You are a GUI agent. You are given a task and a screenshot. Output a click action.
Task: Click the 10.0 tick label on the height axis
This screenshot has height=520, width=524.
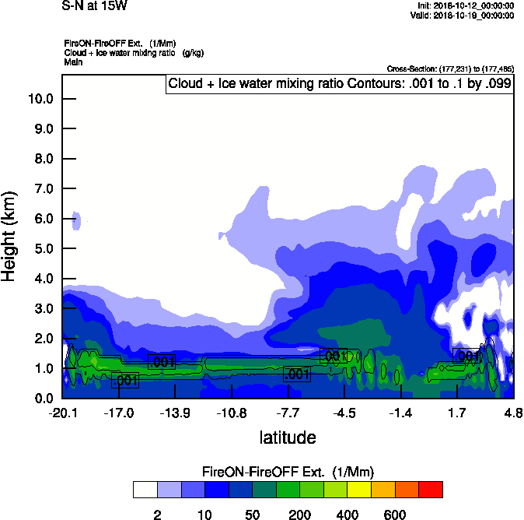[40, 99]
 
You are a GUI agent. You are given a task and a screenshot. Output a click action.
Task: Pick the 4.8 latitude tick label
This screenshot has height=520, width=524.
[513, 413]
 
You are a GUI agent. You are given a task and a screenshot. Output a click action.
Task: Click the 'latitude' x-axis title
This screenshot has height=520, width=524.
[287, 437]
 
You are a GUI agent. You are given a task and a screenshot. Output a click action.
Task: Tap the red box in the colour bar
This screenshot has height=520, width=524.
[431, 490]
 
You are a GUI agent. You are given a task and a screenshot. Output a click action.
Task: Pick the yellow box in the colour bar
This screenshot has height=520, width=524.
[359, 490]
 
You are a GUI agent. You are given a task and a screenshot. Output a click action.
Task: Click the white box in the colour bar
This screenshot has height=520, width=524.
[145, 490]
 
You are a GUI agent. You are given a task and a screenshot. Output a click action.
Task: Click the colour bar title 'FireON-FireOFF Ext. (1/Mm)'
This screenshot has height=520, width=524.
[288, 472]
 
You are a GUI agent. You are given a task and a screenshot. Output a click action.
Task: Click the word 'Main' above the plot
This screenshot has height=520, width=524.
[74, 61]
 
